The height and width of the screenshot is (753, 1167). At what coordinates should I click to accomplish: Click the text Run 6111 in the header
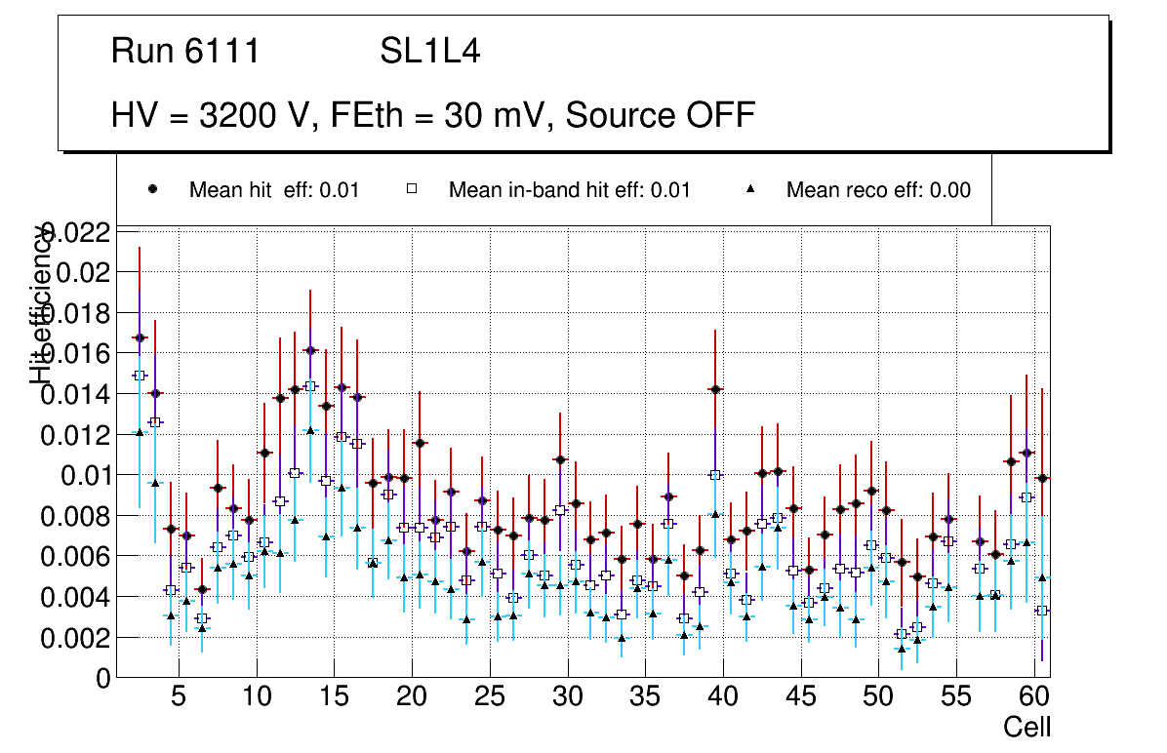[185, 52]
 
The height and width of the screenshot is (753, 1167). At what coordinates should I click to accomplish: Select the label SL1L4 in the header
[429, 52]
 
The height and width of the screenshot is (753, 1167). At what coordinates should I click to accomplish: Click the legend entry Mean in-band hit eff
[569, 190]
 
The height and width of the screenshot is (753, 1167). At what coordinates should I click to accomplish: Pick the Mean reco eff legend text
[878, 190]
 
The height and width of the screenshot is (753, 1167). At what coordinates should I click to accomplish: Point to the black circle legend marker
[152, 189]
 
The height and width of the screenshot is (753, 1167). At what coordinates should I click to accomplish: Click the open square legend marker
[412, 189]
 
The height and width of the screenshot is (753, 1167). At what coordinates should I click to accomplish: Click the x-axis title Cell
[1027, 727]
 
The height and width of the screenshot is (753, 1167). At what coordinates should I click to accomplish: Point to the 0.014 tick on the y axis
[75, 394]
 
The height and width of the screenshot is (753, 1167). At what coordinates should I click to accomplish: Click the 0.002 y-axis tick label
[75, 638]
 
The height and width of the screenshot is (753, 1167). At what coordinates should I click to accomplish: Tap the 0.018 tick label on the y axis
[75, 313]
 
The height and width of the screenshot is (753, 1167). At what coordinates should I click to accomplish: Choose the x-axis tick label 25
[489, 698]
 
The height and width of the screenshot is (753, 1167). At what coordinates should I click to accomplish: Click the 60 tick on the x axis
[1034, 698]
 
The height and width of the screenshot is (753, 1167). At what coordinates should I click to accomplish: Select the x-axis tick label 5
[178, 698]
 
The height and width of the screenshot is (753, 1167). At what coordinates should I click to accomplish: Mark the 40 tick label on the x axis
[723, 698]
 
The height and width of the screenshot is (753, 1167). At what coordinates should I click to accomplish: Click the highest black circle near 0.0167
[140, 337]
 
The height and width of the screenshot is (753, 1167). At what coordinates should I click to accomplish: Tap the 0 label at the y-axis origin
[103, 679]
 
